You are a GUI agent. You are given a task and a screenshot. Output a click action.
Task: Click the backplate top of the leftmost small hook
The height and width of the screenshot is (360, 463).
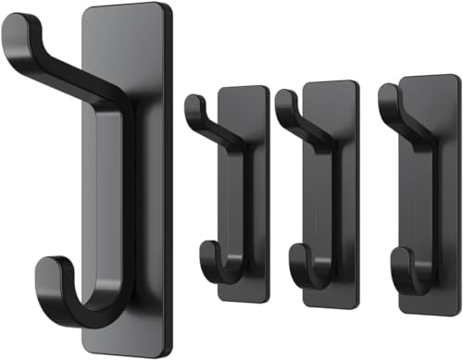[244, 89]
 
